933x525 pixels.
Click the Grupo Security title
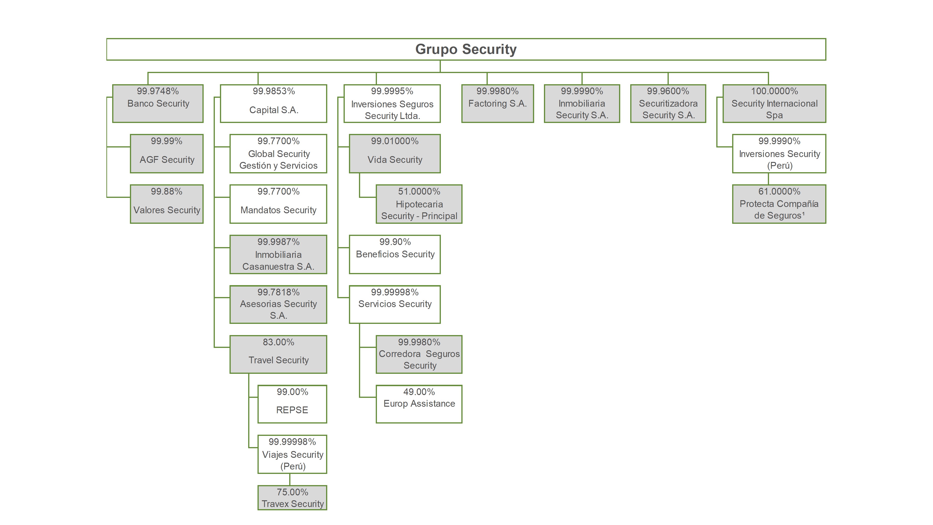coord(466,49)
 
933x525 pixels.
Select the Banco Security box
coord(158,104)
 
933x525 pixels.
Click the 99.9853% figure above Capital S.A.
coord(274,91)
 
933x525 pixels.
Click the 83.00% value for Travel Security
coord(278,342)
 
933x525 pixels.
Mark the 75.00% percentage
coord(292,492)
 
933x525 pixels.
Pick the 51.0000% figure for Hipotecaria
coord(419,191)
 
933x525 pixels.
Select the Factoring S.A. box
coord(497,104)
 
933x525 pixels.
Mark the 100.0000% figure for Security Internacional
coord(774,91)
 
